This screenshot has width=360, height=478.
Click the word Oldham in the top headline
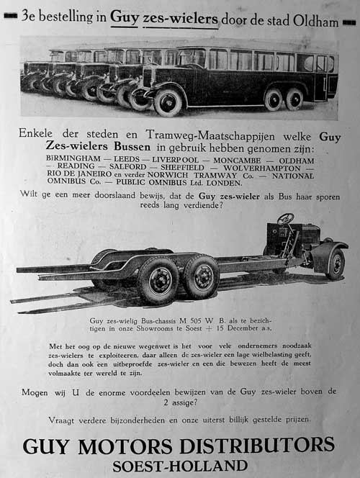[x=316, y=22]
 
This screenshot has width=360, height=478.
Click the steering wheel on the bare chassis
[x=286, y=218]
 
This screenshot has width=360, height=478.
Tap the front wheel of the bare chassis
[x=335, y=264]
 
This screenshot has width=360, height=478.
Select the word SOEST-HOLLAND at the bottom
[x=179, y=465]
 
